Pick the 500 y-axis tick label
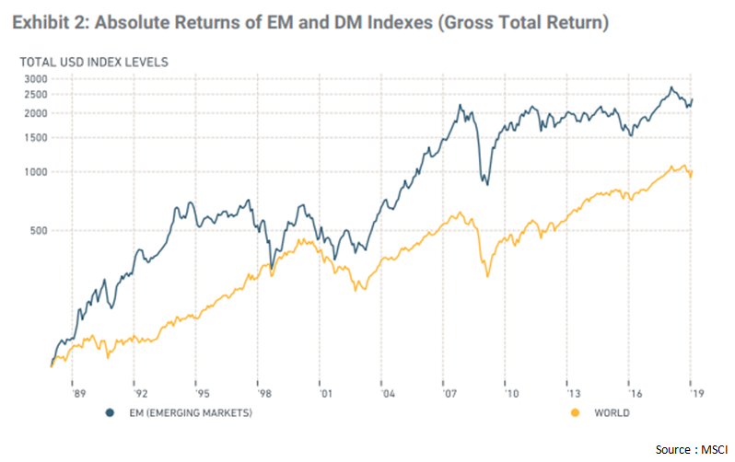(35, 231)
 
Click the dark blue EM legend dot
(110, 413)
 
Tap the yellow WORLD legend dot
(577, 413)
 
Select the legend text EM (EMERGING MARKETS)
(188, 413)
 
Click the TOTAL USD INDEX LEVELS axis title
(82, 62)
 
